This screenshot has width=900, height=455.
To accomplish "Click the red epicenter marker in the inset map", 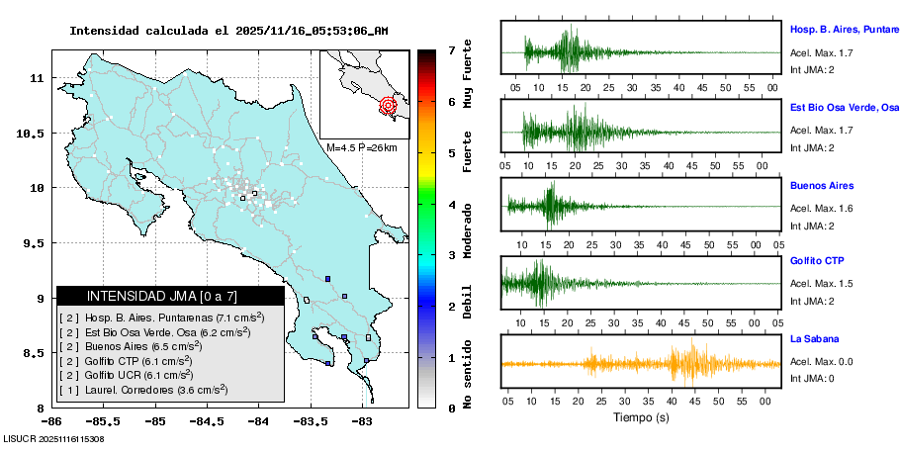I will point(388,104).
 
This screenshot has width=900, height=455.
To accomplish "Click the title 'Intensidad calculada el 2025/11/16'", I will point(228,31).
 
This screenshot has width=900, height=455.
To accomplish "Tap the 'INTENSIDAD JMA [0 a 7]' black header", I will point(169,296).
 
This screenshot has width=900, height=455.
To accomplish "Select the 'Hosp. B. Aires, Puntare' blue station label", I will point(844,30).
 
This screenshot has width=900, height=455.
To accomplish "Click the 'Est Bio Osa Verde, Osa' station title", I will point(844,107).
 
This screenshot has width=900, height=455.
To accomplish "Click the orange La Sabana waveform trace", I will point(682,363).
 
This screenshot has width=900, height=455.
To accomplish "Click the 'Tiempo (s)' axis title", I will point(641,417).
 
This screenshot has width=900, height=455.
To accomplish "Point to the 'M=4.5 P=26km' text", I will point(361,148).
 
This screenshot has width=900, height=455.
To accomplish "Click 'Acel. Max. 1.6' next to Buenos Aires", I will point(821,208).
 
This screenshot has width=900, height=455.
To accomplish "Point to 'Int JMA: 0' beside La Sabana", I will point(812,378).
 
